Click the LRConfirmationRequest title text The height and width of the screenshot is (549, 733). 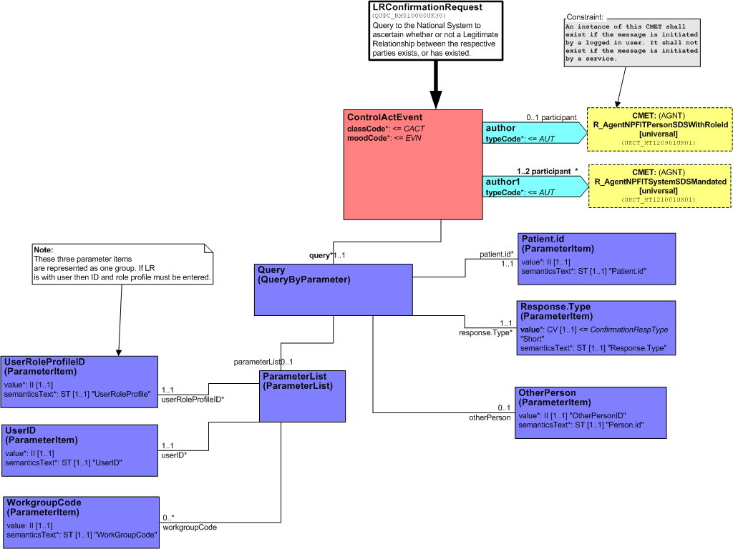427,7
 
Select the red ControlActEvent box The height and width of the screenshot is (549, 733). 413,165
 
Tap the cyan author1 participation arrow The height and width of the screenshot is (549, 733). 535,187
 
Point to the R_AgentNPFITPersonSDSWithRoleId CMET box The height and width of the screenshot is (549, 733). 659,129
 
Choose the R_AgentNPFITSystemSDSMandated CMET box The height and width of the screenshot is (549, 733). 659,186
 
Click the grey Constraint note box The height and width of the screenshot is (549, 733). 632,42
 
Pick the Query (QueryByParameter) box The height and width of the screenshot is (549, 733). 334,290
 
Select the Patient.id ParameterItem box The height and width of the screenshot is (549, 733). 596,259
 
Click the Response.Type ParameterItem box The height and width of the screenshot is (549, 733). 596,327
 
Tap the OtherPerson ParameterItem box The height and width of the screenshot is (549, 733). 591,412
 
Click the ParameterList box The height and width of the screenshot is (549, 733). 303,396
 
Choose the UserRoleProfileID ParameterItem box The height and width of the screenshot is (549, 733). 79,382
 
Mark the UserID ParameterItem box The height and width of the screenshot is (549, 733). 80,450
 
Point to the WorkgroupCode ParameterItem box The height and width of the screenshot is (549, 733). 81,523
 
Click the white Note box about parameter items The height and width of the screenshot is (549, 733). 122,264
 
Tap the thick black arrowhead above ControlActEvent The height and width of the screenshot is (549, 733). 436,100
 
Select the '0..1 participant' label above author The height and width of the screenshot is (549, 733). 551,118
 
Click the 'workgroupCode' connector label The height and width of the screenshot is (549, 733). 189,527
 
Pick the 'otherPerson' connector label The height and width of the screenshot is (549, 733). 490,417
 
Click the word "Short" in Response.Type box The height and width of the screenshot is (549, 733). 533,339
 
